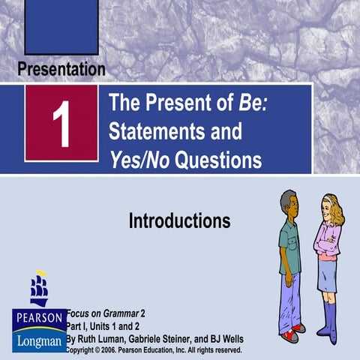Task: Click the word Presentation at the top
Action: pos(61,70)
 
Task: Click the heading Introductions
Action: pos(179,221)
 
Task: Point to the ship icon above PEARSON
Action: pos(39,289)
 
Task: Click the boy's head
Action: pos(289,203)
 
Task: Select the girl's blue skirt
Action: pos(327,275)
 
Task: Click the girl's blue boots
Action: pos(327,319)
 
